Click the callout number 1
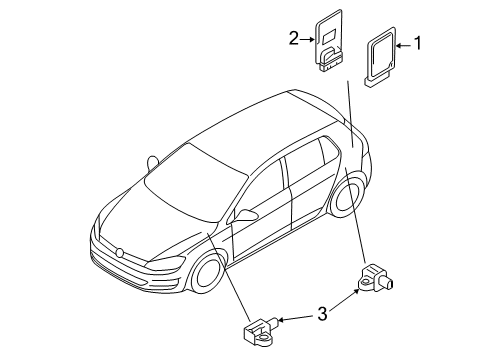click(x=417, y=43)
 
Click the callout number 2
click(x=294, y=38)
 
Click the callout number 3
click(x=322, y=314)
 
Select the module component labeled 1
click(x=381, y=57)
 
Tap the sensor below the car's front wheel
click(x=261, y=331)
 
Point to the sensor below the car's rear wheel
click(x=376, y=277)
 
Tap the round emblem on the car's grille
click(x=119, y=252)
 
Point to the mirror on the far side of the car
click(x=152, y=163)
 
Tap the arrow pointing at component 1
click(x=404, y=45)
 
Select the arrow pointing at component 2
click(x=307, y=40)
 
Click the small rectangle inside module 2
click(x=329, y=37)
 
